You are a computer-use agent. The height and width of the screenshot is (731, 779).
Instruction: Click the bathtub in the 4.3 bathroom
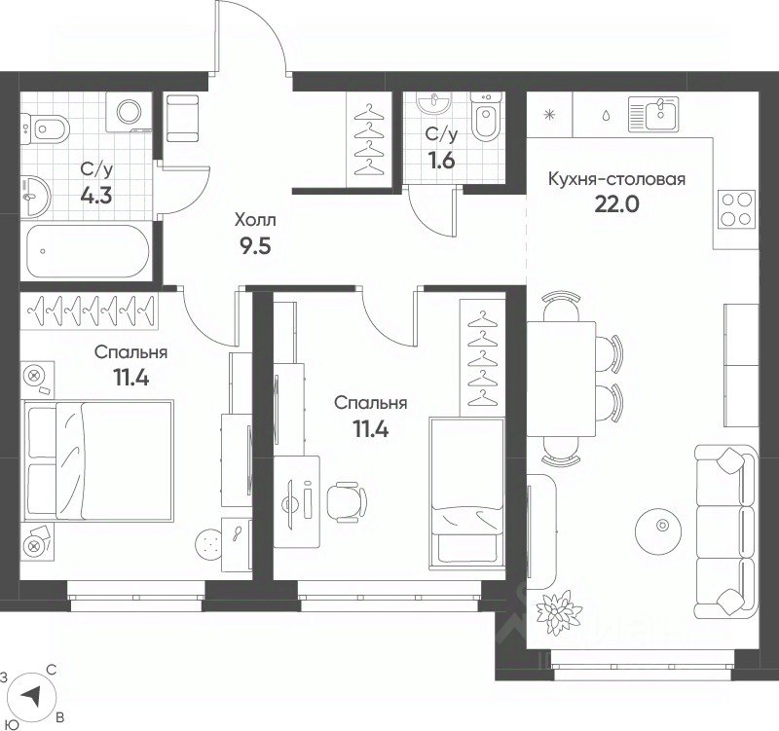click(x=88, y=251)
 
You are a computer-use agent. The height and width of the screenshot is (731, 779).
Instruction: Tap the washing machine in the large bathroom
click(x=130, y=112)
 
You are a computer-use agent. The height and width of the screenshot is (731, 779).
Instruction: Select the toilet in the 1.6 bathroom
click(x=487, y=117)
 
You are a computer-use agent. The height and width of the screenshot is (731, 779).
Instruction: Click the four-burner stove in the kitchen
click(x=736, y=209)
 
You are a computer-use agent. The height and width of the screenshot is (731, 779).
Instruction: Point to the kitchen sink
click(x=652, y=114)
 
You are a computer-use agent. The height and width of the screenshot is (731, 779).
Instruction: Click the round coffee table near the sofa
click(x=661, y=526)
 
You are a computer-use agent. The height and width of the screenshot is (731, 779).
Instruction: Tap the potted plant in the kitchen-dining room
click(x=559, y=612)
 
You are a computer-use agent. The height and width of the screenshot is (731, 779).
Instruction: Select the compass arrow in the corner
click(x=31, y=696)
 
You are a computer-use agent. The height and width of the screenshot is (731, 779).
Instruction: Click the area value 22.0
click(x=616, y=204)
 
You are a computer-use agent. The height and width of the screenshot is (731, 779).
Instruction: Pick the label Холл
click(x=255, y=220)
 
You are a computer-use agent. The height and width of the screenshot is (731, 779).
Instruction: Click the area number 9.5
click(x=255, y=245)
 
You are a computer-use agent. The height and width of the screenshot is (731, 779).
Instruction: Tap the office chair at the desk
click(x=347, y=501)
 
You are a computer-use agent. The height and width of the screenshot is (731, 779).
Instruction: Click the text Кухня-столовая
click(x=616, y=179)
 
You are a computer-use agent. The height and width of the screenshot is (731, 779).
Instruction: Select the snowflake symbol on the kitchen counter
click(x=549, y=115)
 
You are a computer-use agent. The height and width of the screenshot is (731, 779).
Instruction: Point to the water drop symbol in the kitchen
click(x=606, y=116)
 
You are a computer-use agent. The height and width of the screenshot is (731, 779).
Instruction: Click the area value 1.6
click(x=441, y=161)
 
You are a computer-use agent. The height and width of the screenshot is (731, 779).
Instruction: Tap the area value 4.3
click(x=96, y=196)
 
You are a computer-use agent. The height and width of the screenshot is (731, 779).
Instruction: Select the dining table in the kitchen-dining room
click(x=561, y=379)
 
